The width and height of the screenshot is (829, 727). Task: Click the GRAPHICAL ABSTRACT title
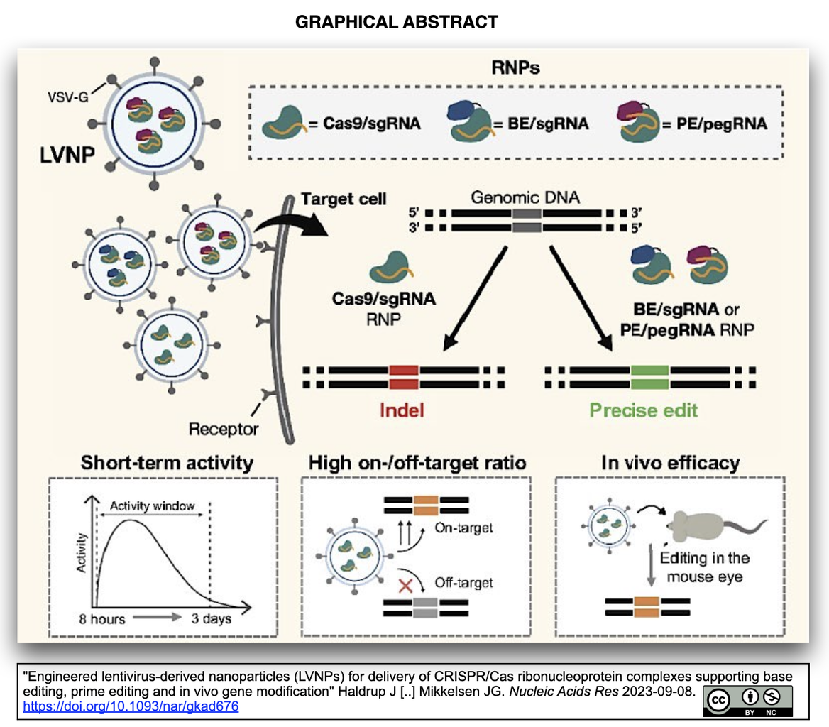[x=396, y=22]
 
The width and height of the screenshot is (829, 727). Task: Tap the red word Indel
[x=405, y=411]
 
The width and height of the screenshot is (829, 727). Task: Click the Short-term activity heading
[x=167, y=464]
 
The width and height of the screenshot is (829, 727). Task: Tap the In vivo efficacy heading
[x=669, y=464]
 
